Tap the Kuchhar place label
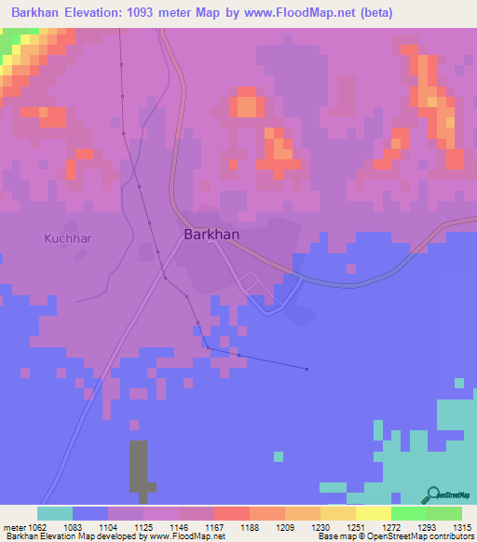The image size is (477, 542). coord(67,238)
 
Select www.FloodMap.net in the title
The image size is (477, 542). coord(303,13)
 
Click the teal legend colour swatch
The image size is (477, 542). coord(55,513)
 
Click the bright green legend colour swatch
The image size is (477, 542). coord(409,513)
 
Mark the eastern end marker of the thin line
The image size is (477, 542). coord(307,369)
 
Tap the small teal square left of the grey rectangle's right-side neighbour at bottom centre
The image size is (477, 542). coord(278,456)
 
